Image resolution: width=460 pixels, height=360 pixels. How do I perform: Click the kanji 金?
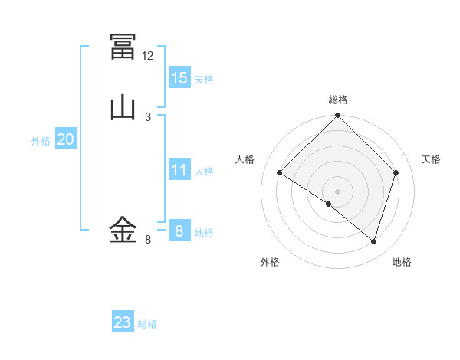[123, 229]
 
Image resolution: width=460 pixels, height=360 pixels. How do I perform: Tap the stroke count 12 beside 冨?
[148, 56]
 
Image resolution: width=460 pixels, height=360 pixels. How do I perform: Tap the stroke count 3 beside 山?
[148, 117]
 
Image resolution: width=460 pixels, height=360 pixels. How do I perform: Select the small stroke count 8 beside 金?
[148, 240]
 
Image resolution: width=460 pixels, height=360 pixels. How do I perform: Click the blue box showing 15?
[179, 78]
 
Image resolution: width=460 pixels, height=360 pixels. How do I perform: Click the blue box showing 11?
[179, 170]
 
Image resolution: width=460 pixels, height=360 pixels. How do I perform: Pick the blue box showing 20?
[66, 139]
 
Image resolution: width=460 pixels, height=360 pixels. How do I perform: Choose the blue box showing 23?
[123, 322]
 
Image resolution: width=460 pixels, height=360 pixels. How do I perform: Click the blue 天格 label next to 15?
[204, 80]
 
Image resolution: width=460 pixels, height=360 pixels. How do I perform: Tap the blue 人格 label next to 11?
[204, 172]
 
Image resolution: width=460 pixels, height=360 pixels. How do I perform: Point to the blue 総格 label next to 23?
[147, 324]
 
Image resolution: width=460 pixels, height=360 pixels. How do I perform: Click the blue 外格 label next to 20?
[41, 141]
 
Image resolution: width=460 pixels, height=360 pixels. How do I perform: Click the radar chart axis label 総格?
[338, 100]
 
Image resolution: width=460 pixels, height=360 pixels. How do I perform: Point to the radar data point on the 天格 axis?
[396, 172]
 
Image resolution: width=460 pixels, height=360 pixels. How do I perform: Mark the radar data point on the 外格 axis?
[329, 204]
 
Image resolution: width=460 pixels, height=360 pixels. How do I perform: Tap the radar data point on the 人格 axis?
[280, 172]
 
